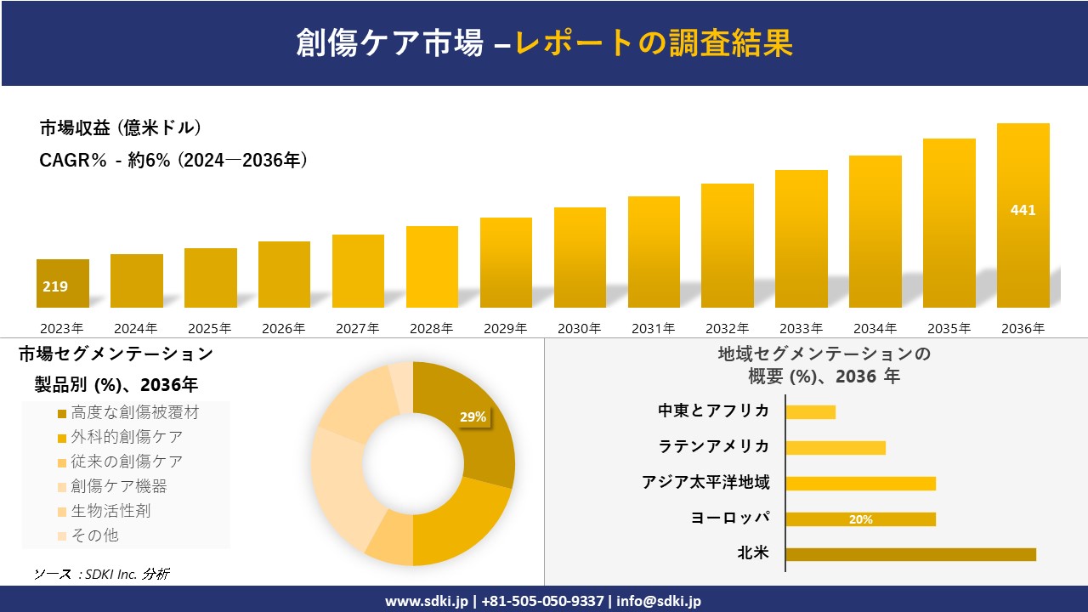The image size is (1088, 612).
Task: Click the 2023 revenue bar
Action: [x=63, y=283]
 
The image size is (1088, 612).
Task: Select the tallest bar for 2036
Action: [x=1023, y=216]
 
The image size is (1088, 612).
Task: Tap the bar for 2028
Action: [x=432, y=267]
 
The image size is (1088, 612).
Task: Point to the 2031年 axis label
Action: [x=653, y=328]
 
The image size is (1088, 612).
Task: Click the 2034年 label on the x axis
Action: [x=875, y=328]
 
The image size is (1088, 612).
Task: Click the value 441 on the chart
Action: [x=1023, y=210]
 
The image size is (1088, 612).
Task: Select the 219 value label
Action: [x=55, y=286]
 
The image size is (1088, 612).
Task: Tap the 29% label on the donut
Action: [x=473, y=416]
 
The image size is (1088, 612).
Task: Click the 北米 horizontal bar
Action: [x=910, y=554]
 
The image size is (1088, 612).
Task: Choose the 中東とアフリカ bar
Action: [x=810, y=412]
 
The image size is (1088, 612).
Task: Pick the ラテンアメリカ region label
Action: [x=714, y=446]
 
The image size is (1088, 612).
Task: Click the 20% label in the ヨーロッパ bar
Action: [x=860, y=519]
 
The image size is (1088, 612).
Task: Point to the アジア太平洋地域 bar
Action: [x=860, y=484]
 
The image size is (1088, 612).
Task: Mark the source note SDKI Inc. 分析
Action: [x=101, y=574]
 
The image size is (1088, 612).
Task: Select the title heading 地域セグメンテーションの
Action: [x=824, y=354]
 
